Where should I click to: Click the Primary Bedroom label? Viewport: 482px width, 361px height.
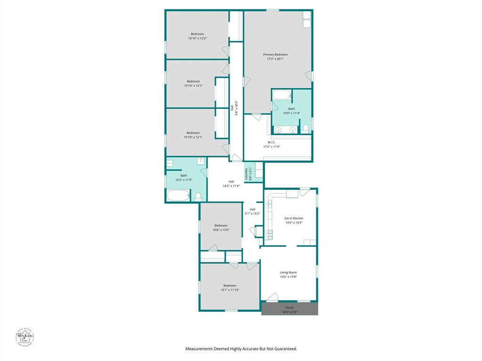click(x=275, y=55)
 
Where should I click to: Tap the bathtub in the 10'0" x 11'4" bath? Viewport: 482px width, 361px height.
click(x=282, y=95)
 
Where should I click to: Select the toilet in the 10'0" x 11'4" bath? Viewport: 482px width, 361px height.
click(x=305, y=129)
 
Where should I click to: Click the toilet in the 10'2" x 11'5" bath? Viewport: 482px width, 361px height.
click(x=198, y=196)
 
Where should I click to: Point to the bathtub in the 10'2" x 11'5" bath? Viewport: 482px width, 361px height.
click(x=178, y=195)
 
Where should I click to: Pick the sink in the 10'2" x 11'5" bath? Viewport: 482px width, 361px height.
click(x=201, y=161)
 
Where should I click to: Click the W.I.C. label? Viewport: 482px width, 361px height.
click(x=271, y=142)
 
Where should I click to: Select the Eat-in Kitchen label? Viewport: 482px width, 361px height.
click(x=294, y=218)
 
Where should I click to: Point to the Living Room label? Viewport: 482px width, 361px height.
click(x=288, y=272)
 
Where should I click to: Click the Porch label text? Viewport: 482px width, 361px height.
click(x=289, y=307)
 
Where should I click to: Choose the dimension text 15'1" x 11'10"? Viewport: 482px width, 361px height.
click(x=230, y=290)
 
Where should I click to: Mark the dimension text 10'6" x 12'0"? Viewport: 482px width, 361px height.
click(x=221, y=230)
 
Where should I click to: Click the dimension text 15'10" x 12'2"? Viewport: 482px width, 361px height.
click(x=197, y=38)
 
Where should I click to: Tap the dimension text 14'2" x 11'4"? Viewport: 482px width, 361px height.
click(x=231, y=186)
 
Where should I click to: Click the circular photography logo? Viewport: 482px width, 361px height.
click(x=24, y=337)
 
